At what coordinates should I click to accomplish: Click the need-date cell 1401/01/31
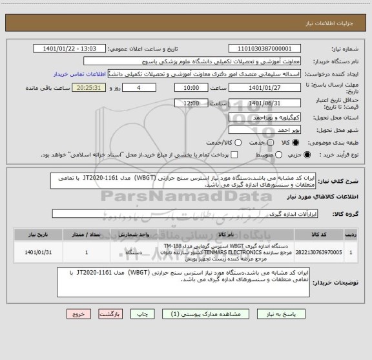[36, 251]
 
